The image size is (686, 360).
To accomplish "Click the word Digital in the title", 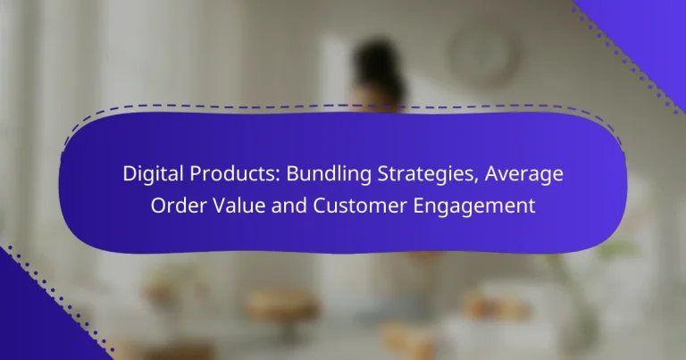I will click(x=151, y=175).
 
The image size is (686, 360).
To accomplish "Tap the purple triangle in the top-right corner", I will click(x=652, y=22).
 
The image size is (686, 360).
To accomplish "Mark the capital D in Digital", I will click(x=128, y=175).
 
